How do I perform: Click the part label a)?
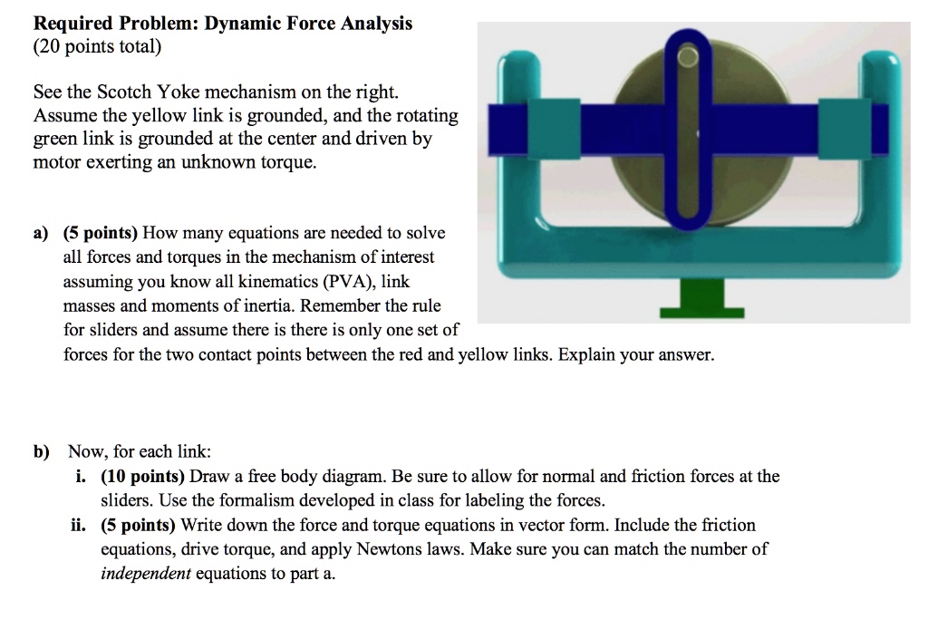[41, 233]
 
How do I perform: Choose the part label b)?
[42, 451]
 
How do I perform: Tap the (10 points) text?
[136, 476]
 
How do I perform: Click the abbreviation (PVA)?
[346, 282]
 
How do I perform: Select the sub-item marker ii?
[86, 526]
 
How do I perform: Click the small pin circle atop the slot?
[689, 57]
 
